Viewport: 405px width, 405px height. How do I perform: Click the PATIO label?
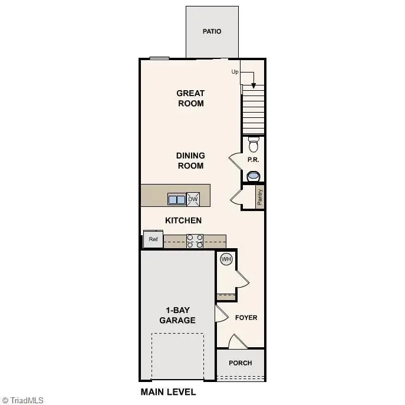tap(212, 31)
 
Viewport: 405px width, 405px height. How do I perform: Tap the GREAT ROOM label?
tap(190, 98)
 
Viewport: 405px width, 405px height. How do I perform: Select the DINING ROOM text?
tap(190, 160)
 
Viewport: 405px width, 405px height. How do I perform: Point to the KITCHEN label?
tap(183, 220)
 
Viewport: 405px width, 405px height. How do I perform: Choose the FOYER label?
tap(246, 318)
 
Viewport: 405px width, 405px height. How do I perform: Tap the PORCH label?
tap(241, 363)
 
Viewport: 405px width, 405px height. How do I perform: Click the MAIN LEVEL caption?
tap(168, 391)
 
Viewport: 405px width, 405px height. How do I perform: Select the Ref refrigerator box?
tap(153, 239)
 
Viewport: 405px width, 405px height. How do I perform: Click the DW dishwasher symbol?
tap(193, 199)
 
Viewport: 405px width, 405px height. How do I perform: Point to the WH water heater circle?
tap(226, 259)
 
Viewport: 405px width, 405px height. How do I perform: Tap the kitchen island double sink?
tap(176, 199)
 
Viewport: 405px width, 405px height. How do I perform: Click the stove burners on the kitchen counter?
tap(195, 241)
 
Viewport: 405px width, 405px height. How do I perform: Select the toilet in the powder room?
tap(253, 144)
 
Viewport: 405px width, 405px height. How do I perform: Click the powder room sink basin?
tap(253, 176)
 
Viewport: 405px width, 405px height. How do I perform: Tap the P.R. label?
tap(253, 160)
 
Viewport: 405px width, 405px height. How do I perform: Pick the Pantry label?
tap(260, 197)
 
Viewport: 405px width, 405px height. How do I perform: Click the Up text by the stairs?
tap(235, 72)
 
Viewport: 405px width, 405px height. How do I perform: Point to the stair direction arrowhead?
tap(253, 85)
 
